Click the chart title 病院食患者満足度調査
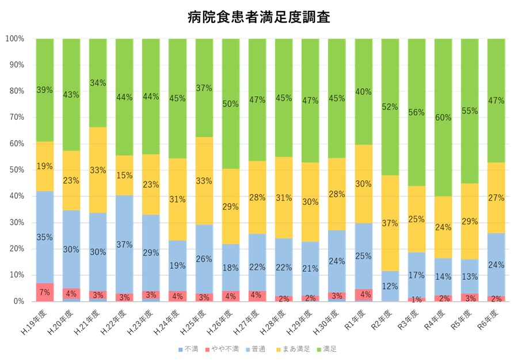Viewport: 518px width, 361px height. (258, 17)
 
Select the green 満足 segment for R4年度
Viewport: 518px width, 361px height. (443, 86)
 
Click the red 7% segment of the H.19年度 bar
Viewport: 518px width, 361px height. (45, 292)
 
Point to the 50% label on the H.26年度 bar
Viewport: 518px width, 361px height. (231, 104)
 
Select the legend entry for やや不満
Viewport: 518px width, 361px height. (223, 349)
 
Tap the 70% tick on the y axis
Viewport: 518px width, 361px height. (15, 117)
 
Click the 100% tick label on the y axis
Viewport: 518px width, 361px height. (14, 39)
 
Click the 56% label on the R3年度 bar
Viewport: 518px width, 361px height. (417, 113)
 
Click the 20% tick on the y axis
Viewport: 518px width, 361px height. (15, 249)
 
